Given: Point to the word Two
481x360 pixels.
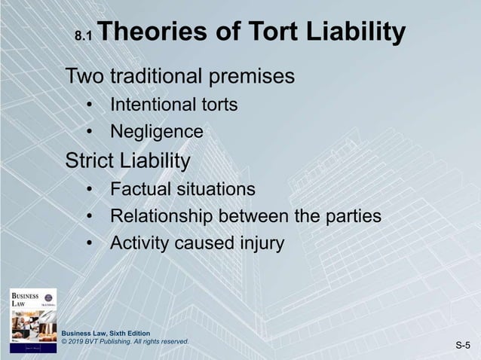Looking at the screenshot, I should pos(85,77).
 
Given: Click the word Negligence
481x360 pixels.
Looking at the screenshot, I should pos(157,133).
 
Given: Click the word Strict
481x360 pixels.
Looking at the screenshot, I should pos(90,161).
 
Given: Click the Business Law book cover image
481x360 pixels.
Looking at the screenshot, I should pos(32,319).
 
